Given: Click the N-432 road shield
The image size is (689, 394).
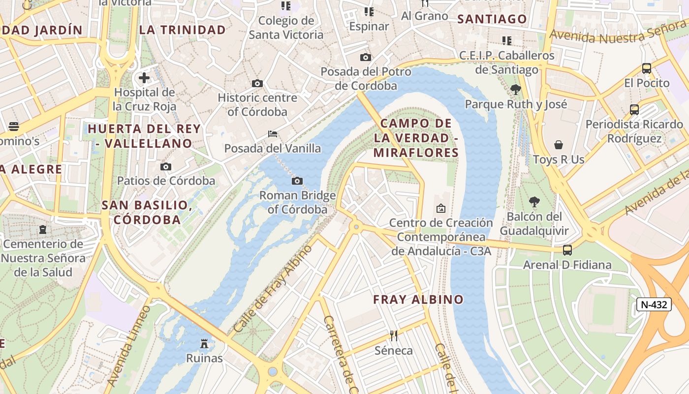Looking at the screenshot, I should click(654, 304).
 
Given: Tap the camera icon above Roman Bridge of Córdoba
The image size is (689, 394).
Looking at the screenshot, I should click(297, 181).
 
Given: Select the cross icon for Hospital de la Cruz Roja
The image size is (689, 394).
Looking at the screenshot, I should click(144, 78).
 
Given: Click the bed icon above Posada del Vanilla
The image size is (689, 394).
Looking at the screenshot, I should click(273, 134).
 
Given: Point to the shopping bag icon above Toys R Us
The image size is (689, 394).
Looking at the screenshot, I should click(559, 145).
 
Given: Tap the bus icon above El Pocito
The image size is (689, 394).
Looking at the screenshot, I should click(647, 68).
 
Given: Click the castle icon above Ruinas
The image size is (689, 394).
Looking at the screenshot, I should click(204, 343).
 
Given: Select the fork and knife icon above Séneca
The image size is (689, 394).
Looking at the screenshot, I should click(394, 336).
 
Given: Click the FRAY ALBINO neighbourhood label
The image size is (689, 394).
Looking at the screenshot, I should click(418, 299).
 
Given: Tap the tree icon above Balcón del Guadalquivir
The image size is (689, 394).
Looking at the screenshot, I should click(534, 202).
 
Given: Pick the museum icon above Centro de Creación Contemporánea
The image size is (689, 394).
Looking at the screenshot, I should click(441, 208).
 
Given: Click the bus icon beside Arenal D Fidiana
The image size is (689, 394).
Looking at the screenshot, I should click(567, 250).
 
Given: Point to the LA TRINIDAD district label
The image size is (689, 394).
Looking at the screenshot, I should click(182, 30).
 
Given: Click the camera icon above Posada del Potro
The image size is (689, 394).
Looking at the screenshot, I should click(365, 57).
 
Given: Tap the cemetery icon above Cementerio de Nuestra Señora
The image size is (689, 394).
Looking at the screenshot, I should click(43, 230).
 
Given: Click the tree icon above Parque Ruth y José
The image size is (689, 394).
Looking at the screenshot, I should click(516, 90).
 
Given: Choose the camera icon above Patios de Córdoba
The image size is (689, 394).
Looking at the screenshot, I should click(166, 166).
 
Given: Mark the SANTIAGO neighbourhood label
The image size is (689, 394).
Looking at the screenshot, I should click(492, 19).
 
